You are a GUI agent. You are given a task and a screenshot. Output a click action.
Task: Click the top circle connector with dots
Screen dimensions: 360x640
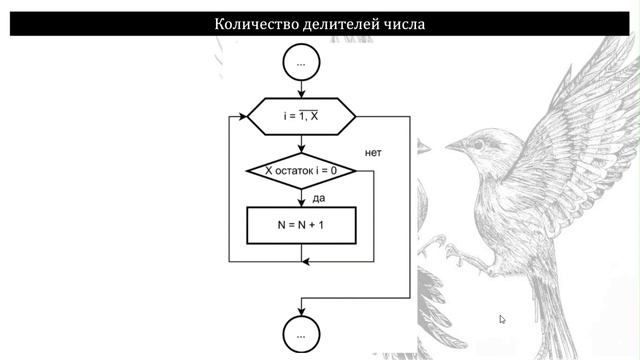[x=300, y=63]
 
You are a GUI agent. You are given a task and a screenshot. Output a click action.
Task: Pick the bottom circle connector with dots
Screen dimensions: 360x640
[x=300, y=329]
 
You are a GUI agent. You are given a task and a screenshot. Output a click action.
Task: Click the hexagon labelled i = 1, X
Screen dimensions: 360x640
[x=300, y=116]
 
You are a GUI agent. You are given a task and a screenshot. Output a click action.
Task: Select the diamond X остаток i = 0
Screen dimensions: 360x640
[x=300, y=171]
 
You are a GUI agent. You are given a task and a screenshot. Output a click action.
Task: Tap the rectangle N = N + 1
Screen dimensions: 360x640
[x=300, y=225]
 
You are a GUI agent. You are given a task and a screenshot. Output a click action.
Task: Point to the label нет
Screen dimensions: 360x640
[x=374, y=153]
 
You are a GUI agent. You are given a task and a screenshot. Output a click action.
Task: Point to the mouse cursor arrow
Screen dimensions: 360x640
[x=502, y=319]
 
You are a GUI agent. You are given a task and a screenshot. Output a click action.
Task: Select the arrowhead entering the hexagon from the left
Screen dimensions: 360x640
[x=243, y=116]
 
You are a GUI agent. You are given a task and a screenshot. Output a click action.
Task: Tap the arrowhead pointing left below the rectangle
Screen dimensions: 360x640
[x=306, y=261]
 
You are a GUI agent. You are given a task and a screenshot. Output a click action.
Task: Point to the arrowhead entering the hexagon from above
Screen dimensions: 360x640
[x=300, y=94]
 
